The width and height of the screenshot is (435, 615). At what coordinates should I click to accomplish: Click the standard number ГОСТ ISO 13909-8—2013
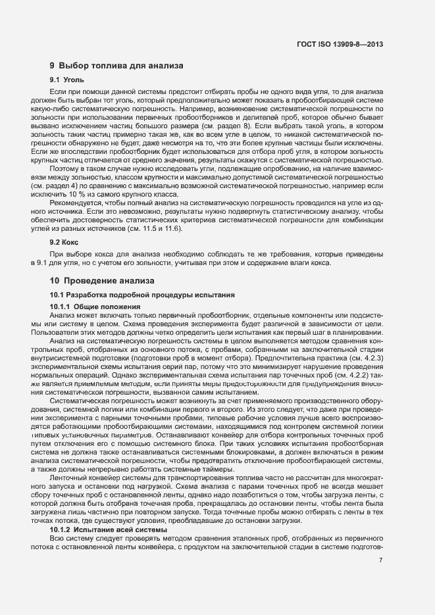[341, 44]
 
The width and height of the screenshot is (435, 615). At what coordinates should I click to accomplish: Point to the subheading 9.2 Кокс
[64, 242]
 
